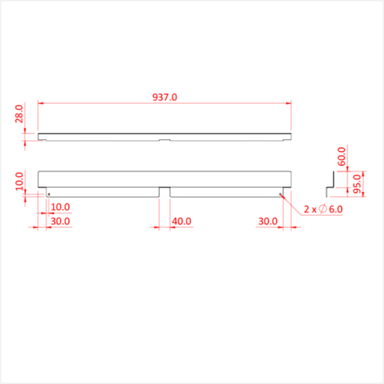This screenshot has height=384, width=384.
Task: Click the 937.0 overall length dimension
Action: coord(164,97)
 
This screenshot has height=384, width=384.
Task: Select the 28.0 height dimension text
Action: coord(19,114)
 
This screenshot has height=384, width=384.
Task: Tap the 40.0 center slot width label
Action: coord(181,222)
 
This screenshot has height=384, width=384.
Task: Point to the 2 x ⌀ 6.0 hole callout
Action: coord(323,209)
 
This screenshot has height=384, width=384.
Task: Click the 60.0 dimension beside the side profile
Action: coord(342,156)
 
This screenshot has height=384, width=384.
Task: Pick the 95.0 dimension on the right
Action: coord(358,184)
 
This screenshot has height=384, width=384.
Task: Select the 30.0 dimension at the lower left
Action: coord(60,222)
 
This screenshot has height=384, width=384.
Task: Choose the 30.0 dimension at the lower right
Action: coord(268,222)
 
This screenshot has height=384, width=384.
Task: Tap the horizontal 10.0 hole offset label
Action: coord(60,207)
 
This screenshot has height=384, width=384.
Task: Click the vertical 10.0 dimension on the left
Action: coord(19,181)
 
